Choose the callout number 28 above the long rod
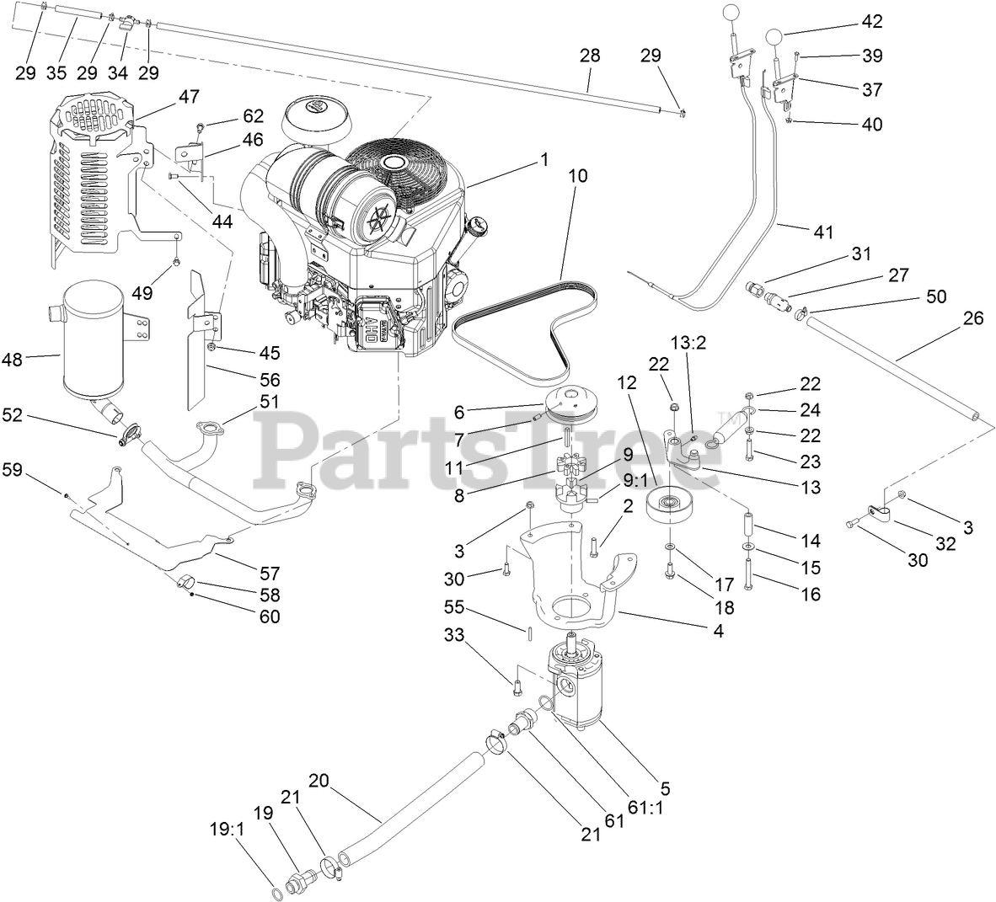click(x=590, y=56)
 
